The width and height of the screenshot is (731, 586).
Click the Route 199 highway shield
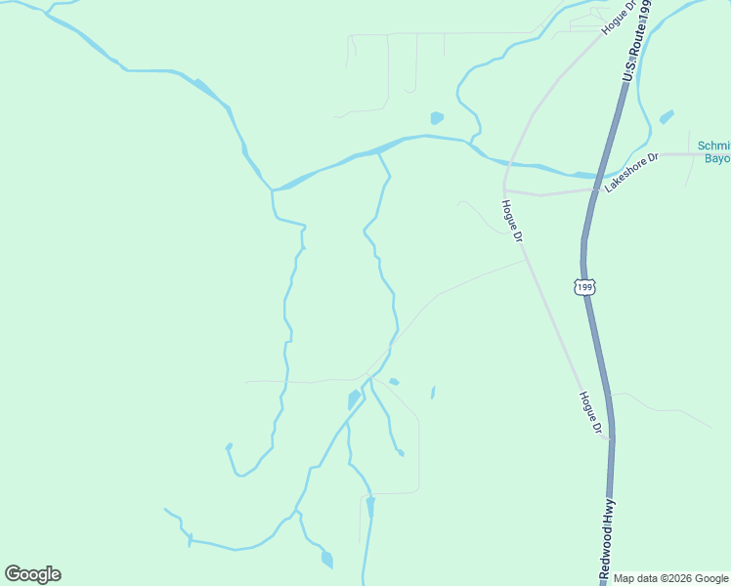click(583, 287)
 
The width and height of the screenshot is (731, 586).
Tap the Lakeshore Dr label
click(631, 172)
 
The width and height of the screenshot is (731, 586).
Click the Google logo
click(32, 574)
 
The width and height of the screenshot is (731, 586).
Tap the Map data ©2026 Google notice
click(670, 578)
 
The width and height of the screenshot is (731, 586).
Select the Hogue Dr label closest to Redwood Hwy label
click(588, 412)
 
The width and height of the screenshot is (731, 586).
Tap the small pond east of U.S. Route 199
click(666, 117)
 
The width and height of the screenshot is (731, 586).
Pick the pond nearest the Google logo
click(326, 560)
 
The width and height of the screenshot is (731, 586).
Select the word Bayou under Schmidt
click(717, 158)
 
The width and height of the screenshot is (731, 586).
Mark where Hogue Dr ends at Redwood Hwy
click(610, 439)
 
